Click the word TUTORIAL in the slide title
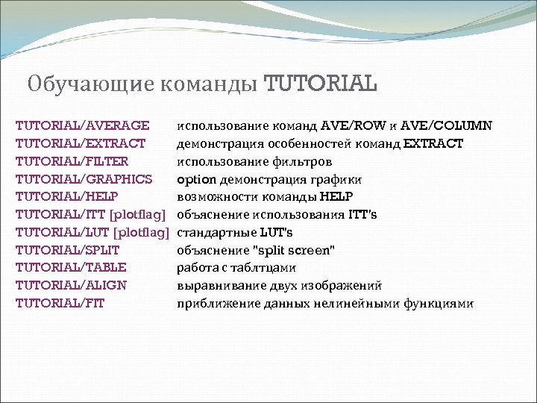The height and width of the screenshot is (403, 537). pyautogui.click(x=321, y=81)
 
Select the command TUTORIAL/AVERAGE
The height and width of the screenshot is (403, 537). pyautogui.click(x=82, y=125)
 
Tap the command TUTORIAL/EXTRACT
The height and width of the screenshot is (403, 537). pyautogui.click(x=81, y=143)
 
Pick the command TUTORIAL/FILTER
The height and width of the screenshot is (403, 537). pyautogui.click(x=72, y=160)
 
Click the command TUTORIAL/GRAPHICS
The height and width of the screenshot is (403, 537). pyautogui.click(x=84, y=178)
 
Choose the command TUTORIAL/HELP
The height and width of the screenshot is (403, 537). pyautogui.click(x=67, y=196)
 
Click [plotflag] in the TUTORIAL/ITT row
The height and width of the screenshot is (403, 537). pyautogui.click(x=137, y=214)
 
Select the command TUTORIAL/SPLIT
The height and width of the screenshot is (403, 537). pyautogui.click(x=68, y=249)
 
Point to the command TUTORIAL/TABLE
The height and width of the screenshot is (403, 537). pyautogui.click(x=71, y=267)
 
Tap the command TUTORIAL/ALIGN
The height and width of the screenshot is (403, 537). pyautogui.click(x=71, y=285)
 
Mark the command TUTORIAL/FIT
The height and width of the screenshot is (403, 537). pyautogui.click(x=60, y=303)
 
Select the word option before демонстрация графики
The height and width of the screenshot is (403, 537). pyautogui.click(x=196, y=178)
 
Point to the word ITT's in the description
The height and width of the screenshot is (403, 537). pyautogui.click(x=363, y=214)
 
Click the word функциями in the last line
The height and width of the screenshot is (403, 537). pyautogui.click(x=439, y=303)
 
